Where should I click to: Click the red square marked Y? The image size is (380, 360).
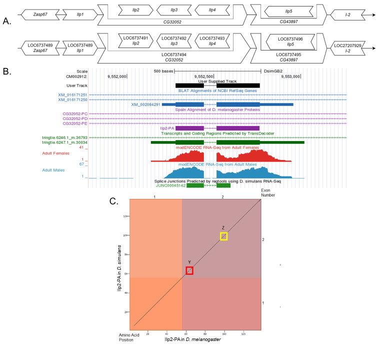(189, 270)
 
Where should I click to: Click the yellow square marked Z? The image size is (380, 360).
(223, 236)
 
